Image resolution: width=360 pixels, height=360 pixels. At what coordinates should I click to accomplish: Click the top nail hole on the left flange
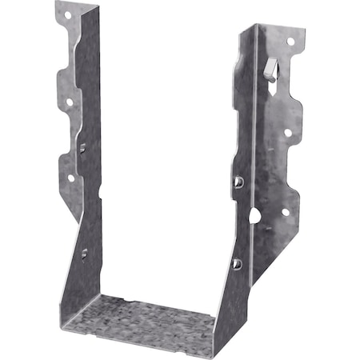66,14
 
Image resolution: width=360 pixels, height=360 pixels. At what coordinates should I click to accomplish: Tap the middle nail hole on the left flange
69,102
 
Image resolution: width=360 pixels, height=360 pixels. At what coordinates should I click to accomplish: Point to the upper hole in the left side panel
82,146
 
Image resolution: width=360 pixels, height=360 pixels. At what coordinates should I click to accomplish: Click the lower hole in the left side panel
84,253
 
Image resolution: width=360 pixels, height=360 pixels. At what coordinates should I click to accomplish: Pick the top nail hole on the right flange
290,41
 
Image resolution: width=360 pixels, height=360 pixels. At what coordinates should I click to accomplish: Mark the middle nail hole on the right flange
288,132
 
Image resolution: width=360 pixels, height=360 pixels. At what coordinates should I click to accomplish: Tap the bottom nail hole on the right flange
284,212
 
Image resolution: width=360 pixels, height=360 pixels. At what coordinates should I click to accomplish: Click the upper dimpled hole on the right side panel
238,182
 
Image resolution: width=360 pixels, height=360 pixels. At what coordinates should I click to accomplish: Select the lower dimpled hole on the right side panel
236,262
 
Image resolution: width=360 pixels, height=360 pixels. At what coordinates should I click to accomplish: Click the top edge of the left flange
76,5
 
